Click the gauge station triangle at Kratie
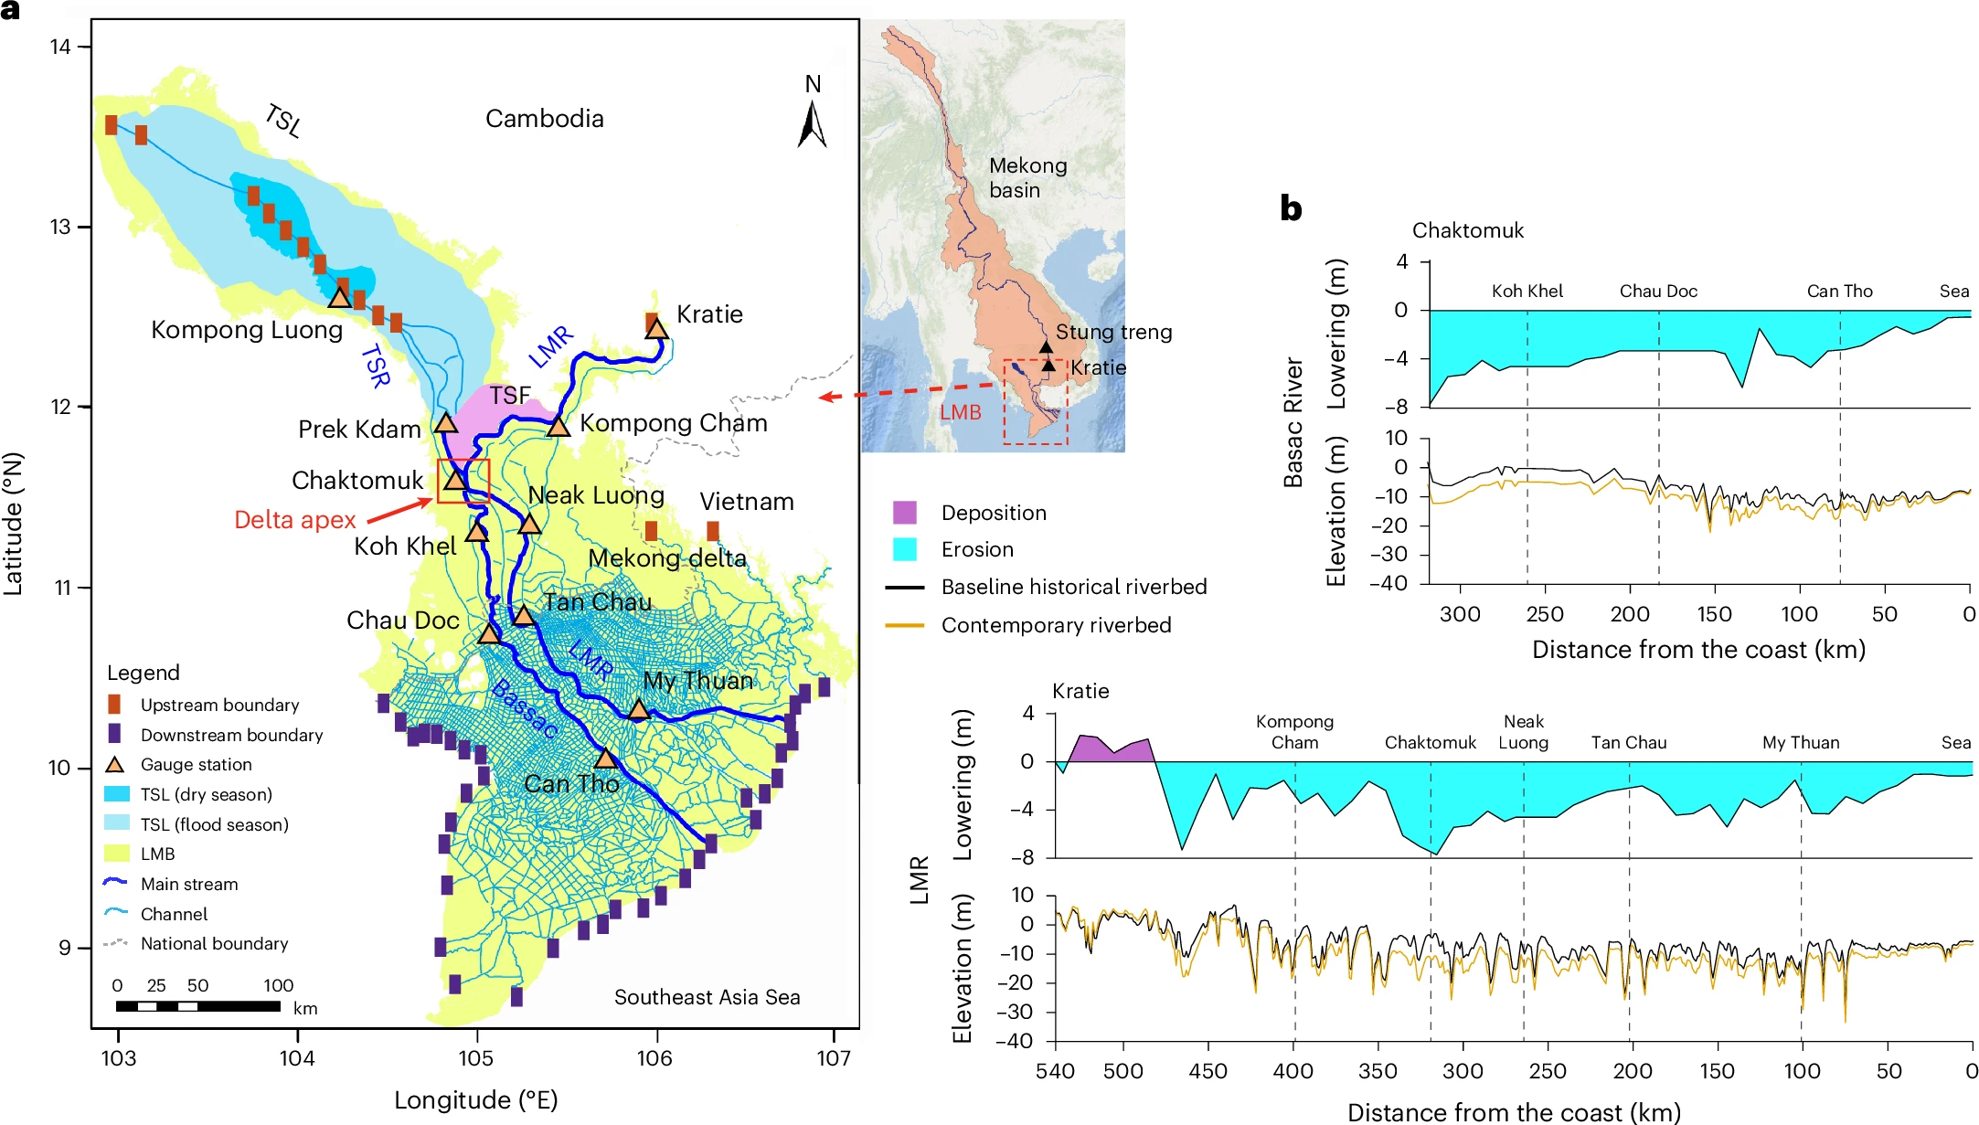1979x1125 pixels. tap(657, 330)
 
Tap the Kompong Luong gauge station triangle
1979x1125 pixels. tap(339, 298)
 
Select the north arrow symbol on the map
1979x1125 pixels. tap(812, 124)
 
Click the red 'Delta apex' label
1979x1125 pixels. tap(294, 520)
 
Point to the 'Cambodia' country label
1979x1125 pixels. tap(544, 119)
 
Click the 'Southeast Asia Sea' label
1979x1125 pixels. tap(707, 997)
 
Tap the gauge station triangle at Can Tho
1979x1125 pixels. tap(605, 759)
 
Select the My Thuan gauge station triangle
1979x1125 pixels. tap(638, 709)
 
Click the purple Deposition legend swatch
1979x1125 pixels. tap(905, 513)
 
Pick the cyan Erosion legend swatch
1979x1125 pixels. tap(905, 549)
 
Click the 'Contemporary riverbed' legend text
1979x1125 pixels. tap(1056, 625)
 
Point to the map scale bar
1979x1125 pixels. tap(198, 1006)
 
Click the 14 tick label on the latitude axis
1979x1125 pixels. tap(60, 47)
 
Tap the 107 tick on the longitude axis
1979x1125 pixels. tap(834, 1058)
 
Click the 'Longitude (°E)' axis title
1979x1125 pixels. tap(475, 1099)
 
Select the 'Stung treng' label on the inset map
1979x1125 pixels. tap(1113, 332)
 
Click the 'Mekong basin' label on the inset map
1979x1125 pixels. tap(1027, 177)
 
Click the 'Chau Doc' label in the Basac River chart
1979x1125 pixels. tap(1658, 291)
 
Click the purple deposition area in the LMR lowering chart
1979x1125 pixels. tap(1108, 749)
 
